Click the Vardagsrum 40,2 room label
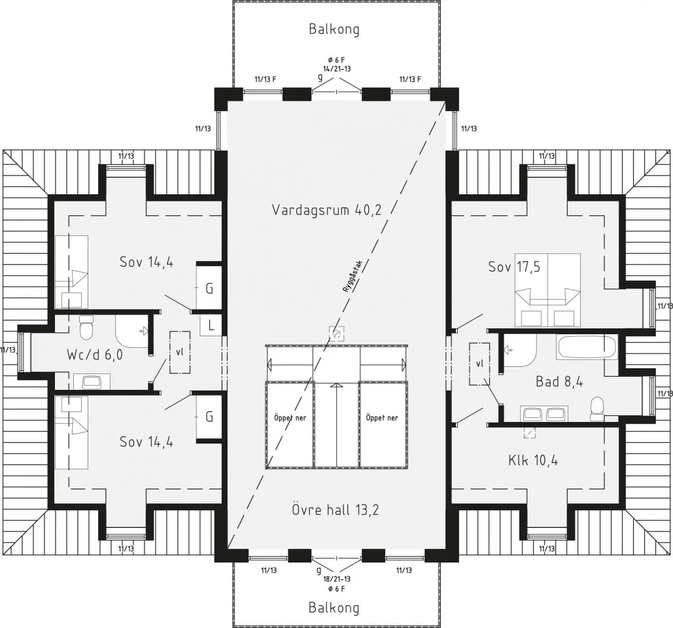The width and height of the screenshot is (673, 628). point(326,210)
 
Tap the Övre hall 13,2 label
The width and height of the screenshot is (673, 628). point(336,510)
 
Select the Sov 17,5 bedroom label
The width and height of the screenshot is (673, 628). point(514,267)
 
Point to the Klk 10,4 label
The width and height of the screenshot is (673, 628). point(533,461)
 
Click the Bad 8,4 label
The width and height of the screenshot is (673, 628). point(559,381)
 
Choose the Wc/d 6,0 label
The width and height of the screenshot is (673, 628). point(95,355)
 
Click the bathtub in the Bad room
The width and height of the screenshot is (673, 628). point(587,347)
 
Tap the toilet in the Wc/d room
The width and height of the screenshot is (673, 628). point(87,327)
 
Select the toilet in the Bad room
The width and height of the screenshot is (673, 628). point(597,408)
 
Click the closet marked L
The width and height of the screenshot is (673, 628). point(211,325)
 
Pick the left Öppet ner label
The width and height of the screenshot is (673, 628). point(290,417)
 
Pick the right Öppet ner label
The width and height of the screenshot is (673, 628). point(382,417)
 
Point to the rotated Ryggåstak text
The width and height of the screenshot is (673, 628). point(353,277)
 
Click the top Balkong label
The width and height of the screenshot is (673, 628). point(334,29)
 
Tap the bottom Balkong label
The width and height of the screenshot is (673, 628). point(334,608)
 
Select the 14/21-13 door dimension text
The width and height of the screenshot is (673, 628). point(337,68)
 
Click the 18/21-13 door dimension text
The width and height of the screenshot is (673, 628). point(337,579)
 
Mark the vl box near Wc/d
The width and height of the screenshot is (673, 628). point(180,352)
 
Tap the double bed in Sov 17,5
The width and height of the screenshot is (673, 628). point(547,290)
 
